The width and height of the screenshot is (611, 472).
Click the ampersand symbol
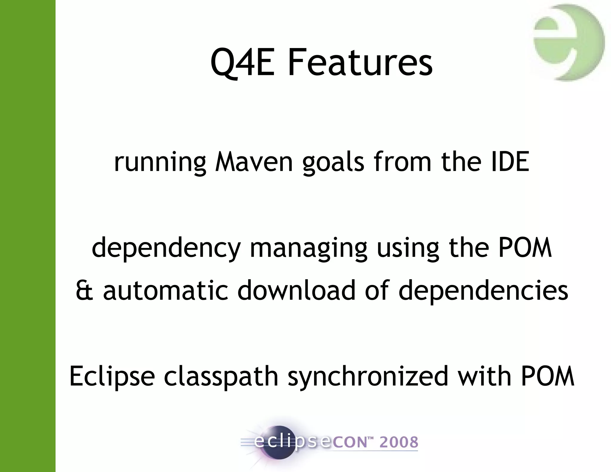pyautogui.click(x=84, y=290)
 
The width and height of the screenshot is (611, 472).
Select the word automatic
pyautogui.click(x=166, y=290)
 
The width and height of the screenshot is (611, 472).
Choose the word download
pyautogui.click(x=296, y=290)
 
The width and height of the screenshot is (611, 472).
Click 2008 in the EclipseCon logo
pyautogui.click(x=399, y=442)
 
